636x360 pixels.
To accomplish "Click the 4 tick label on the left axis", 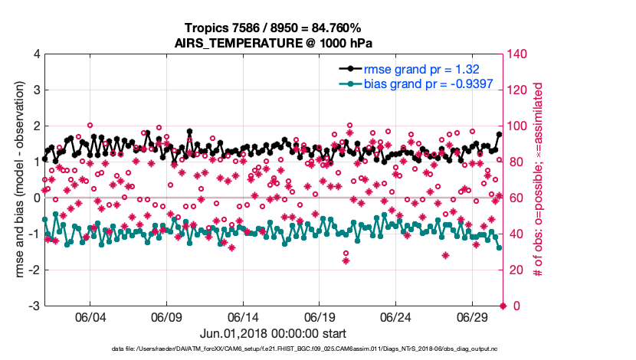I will coord(35,54).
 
